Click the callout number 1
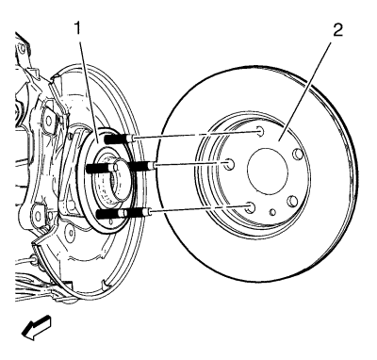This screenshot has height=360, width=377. tap(77, 29)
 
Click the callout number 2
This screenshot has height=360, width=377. tap(338, 29)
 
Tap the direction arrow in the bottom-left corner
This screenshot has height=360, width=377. tap(36, 328)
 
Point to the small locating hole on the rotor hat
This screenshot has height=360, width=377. tap(272, 212)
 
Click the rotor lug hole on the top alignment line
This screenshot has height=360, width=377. tap(260, 131)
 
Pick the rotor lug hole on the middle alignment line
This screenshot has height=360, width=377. tap(230, 164)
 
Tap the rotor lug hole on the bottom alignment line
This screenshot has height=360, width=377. tap(250, 207)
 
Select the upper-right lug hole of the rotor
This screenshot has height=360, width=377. tap(297, 154)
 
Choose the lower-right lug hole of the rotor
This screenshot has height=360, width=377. tap(292, 201)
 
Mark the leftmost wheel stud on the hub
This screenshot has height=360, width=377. tap(98, 169)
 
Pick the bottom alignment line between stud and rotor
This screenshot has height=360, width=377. tap(197, 209)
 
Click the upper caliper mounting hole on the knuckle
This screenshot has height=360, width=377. tap(48, 120)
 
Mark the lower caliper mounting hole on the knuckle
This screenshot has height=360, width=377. tap(38, 216)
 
